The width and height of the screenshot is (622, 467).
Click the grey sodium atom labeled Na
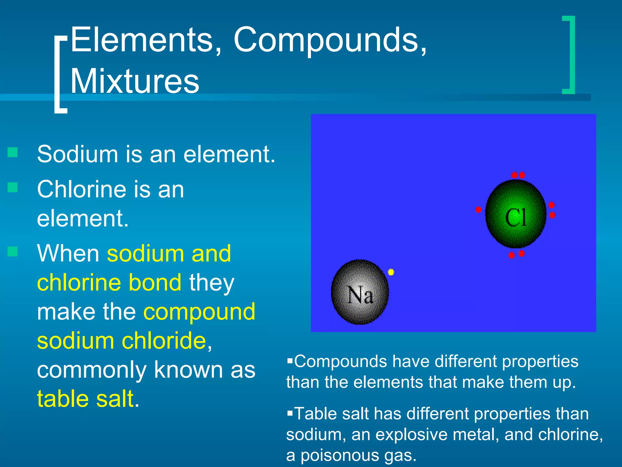360,292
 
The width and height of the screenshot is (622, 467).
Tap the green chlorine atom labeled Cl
516,214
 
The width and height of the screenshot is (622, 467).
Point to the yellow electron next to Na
391,272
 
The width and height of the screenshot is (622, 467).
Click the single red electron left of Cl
478,209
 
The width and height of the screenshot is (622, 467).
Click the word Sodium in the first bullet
77,154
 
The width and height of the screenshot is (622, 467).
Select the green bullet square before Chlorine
12,187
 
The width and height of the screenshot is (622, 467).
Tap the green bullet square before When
12,251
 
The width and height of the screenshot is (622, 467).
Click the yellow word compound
199,312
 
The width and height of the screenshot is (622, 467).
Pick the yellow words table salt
85,399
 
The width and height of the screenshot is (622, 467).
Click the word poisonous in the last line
340,455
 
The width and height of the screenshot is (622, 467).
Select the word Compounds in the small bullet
340,361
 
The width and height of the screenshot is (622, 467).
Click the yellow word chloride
164,341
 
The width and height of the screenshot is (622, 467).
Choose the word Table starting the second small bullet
316,414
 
